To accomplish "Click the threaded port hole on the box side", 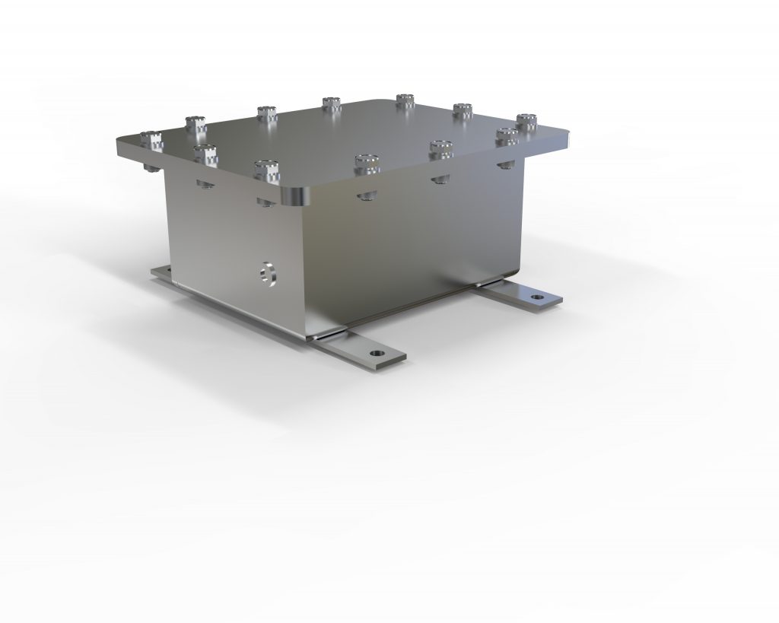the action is tap(267, 272).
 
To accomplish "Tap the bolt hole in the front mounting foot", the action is tap(376, 353).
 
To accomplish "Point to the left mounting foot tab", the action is tap(163, 272).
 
